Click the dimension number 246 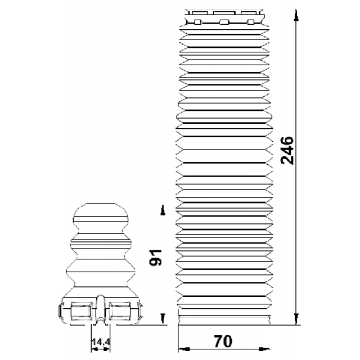click(x=287, y=151)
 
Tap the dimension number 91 click(x=156, y=258)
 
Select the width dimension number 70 click(x=223, y=341)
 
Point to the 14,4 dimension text click(x=101, y=342)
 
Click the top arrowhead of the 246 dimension click(x=296, y=16)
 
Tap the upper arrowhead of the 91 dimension click(x=163, y=210)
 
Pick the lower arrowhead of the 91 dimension click(x=163, y=318)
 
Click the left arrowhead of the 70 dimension click(x=184, y=349)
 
